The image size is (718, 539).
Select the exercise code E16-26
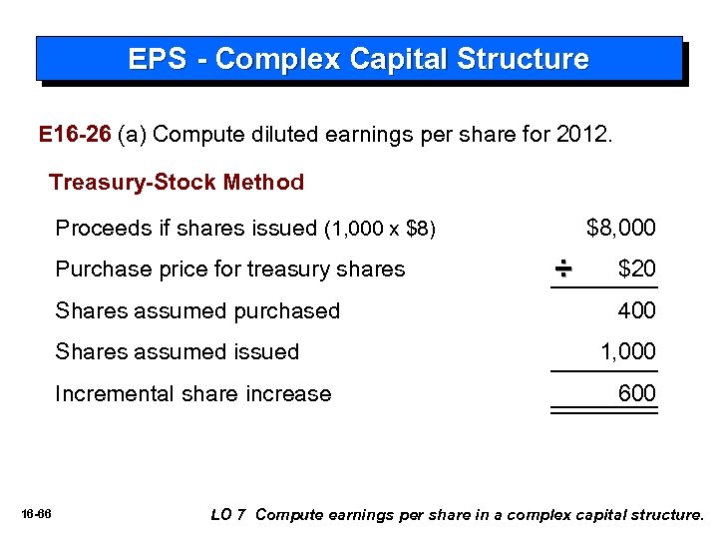point(74,135)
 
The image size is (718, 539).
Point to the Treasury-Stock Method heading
point(177,183)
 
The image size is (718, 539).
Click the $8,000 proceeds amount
point(621,229)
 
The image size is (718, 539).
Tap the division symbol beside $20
point(562,269)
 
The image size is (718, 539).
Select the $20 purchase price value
point(637,269)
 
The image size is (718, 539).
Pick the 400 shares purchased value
point(637,311)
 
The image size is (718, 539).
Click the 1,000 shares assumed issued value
point(627,352)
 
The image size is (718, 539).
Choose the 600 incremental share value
point(637,393)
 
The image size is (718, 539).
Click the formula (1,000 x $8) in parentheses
point(381,230)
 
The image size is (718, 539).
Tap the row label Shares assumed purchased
point(197,311)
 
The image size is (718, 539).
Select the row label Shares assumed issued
point(178,352)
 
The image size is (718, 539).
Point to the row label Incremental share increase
point(192,393)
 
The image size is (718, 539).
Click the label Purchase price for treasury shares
point(230,269)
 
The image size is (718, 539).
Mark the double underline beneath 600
point(604,410)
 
